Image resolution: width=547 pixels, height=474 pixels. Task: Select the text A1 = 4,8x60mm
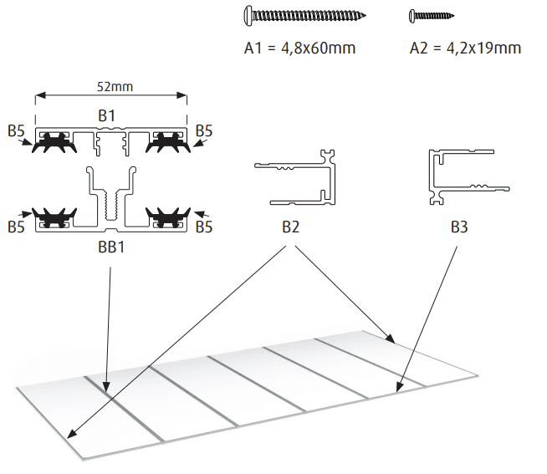[299, 48]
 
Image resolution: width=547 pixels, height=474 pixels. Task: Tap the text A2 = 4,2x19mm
[465, 48]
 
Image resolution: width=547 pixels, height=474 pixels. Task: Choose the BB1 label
[108, 247]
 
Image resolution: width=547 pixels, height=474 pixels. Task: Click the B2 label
[290, 227]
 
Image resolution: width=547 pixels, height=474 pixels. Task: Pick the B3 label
[459, 227]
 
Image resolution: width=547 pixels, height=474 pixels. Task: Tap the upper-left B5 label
[16, 130]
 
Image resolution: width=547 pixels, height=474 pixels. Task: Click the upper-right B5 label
[203, 130]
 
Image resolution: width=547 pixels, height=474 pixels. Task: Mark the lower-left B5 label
[16, 227]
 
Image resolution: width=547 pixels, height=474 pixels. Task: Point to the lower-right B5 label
[203, 227]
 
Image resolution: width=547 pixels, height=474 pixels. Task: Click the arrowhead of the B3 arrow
[398, 390]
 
